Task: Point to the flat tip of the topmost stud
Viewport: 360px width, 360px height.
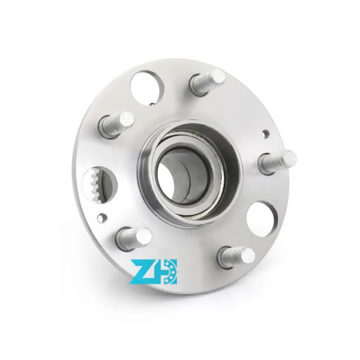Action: click(217, 77)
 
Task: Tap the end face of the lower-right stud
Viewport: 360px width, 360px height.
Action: click(247, 255)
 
